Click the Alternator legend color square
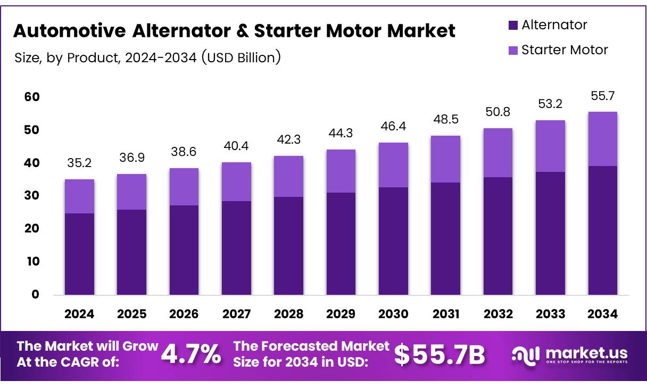[x=513, y=25]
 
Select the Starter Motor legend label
[x=565, y=50]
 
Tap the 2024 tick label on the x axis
[x=79, y=314]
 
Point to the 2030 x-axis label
[x=393, y=314]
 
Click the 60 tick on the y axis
[x=32, y=97]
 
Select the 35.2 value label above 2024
[x=79, y=163]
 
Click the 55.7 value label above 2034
[x=602, y=96]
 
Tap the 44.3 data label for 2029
[x=341, y=134]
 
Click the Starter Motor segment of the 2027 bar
[x=236, y=181]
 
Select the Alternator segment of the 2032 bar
[x=498, y=236]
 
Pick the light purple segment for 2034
[x=602, y=139]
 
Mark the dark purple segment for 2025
[x=131, y=252]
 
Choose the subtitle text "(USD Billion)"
[x=241, y=57]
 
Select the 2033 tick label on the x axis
[x=550, y=314]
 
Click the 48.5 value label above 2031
[x=445, y=120]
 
